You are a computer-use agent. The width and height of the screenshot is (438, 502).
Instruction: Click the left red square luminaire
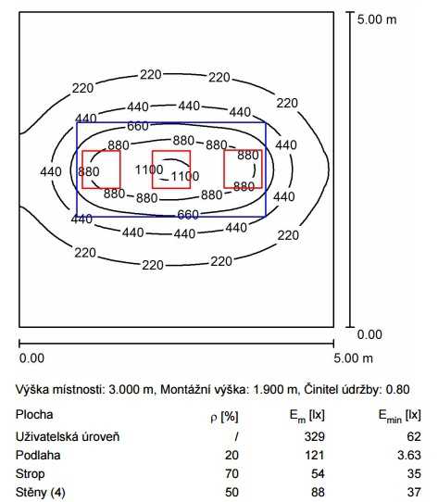coord(82,169)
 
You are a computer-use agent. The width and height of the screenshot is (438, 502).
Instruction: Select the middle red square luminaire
coord(153,169)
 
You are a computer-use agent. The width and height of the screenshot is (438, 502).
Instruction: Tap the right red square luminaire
coord(224,169)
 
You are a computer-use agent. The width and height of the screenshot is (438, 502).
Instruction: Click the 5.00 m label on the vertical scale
coord(377,19)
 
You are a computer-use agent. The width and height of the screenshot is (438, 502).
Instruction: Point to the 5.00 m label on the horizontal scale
coord(353,358)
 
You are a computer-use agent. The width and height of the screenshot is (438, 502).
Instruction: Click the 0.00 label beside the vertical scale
coord(369,334)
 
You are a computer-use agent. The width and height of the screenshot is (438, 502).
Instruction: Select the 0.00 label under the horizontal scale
coord(31,358)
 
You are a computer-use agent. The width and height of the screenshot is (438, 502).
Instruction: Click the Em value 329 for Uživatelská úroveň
coord(315,436)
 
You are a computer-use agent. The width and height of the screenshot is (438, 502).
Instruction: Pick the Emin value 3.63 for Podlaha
coord(409,455)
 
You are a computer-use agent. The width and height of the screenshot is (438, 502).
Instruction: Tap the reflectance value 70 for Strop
coord(232,473)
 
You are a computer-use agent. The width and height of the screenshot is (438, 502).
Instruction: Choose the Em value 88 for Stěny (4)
coord(318,492)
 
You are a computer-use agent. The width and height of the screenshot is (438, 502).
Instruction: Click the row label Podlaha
coord(38,455)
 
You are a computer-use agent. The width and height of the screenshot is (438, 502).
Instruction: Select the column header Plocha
coord(34,415)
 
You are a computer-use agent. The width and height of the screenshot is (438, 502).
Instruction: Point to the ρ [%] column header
coord(224,417)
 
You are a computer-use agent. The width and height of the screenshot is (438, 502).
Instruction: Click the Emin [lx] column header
coord(400,416)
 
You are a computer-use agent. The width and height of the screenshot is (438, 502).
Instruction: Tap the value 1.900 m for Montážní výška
coord(275,389)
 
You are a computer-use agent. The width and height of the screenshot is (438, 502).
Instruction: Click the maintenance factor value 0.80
coord(397,389)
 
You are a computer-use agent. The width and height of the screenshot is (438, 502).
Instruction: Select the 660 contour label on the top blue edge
coord(138,126)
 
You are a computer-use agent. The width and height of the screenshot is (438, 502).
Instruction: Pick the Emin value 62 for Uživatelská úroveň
coord(414,436)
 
